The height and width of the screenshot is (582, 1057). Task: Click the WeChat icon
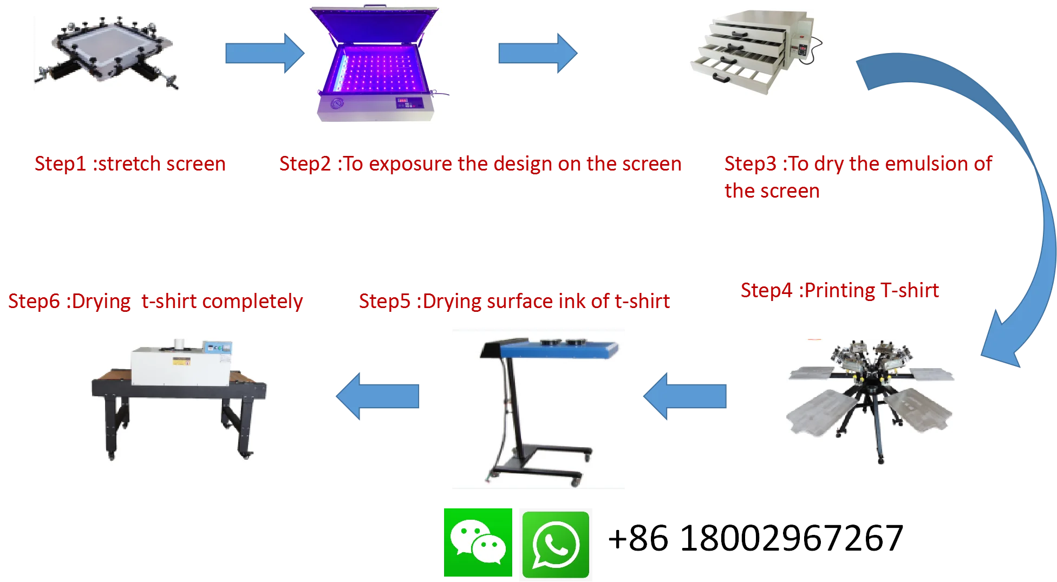click(478, 543)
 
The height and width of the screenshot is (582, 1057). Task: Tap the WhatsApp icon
click(555, 544)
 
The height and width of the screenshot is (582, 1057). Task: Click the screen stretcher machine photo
click(106, 52)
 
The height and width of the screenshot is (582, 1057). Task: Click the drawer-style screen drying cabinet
click(757, 54)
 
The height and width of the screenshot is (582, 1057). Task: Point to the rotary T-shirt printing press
click(870, 402)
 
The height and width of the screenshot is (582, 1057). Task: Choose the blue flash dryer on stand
click(539, 409)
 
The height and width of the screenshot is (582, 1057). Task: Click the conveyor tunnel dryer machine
click(179, 396)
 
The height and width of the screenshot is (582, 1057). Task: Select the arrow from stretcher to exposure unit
click(264, 53)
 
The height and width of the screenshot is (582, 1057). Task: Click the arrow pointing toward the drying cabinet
click(538, 53)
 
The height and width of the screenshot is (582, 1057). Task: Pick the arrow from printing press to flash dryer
click(685, 396)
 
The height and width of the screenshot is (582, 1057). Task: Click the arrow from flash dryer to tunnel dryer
click(377, 396)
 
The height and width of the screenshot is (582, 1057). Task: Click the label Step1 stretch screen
click(130, 164)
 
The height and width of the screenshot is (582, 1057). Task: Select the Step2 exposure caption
click(480, 164)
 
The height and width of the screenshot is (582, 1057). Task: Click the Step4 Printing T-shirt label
click(840, 291)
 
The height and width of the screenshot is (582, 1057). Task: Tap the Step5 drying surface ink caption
click(515, 302)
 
